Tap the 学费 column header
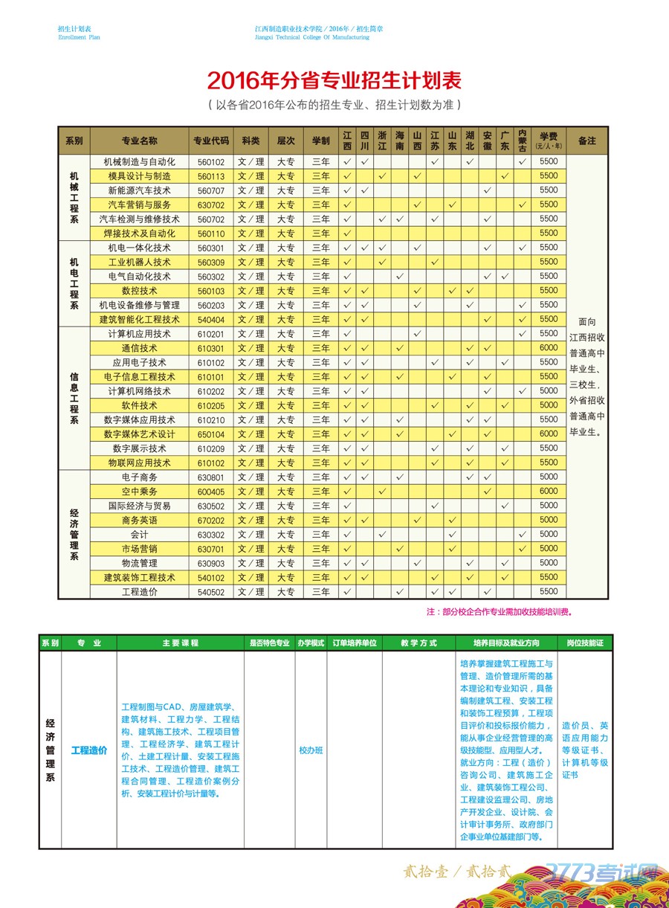[549, 140]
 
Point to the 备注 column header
[586, 141]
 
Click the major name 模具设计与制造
[140, 176]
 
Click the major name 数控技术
[140, 291]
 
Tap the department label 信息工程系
[74, 398]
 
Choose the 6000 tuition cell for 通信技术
[549, 348]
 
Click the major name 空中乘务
[140, 492]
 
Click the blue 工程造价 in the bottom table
[89, 750]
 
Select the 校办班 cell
[311, 750]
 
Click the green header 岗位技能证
[585, 643]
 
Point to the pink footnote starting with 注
[500, 613]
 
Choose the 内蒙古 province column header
[523, 141]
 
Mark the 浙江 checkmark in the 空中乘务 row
[382, 492]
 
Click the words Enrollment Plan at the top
[79, 37]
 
